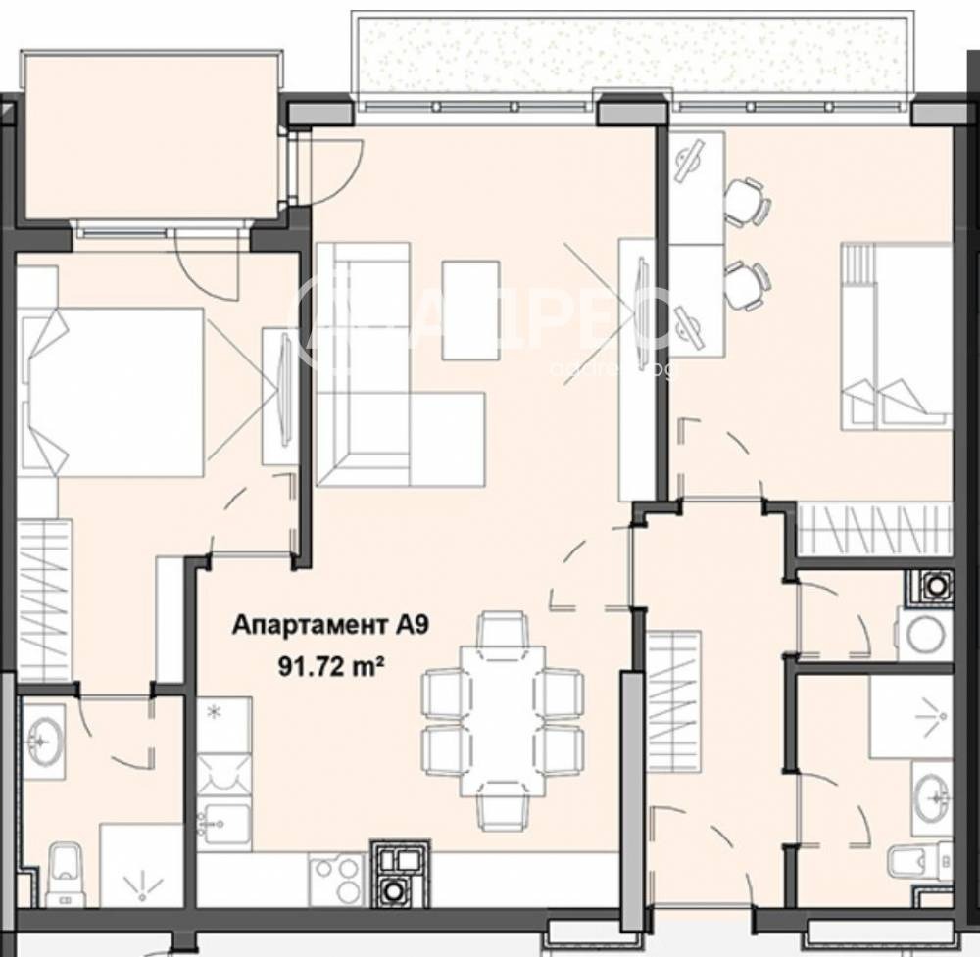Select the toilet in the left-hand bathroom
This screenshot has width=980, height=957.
click(x=64, y=867)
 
